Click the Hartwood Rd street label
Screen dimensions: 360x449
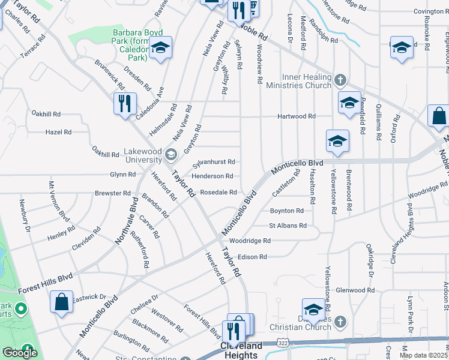[x=296, y=116]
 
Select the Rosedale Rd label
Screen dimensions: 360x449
[x=218, y=193]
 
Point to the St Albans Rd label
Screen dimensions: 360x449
[x=288, y=226]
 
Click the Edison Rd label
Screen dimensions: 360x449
[x=252, y=257]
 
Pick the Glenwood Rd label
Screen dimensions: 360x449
[x=355, y=290]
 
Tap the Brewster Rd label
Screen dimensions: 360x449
[x=112, y=193]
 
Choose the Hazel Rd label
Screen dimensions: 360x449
[x=59, y=132]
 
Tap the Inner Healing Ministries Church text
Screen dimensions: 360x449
[x=307, y=82]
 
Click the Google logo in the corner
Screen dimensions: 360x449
[x=20, y=353]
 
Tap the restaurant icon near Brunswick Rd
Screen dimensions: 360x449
[x=125, y=104]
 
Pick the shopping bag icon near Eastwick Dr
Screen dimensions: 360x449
[x=61, y=302]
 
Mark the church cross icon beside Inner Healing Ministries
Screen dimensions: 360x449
[x=340, y=79]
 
